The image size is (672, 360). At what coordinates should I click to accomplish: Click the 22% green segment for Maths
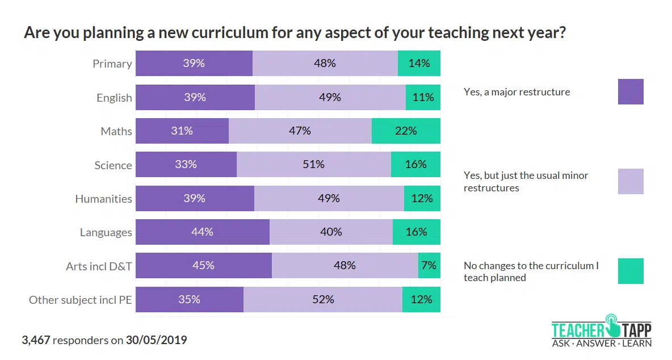click(406, 131)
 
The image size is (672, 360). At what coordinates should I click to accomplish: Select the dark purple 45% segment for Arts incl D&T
click(203, 265)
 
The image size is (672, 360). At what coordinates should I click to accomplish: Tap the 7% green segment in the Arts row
click(429, 265)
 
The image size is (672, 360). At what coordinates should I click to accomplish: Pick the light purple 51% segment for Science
click(313, 165)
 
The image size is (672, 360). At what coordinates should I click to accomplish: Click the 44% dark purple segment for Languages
click(202, 232)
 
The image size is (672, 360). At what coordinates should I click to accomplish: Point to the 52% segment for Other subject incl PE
click(322, 299)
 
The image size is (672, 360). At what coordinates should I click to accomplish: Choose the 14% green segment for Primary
click(419, 63)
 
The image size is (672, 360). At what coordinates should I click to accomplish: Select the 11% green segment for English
click(423, 97)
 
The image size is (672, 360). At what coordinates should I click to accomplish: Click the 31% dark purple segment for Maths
click(182, 131)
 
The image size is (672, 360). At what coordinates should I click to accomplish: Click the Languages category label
click(106, 232)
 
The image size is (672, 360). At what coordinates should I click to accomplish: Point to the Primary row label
click(112, 64)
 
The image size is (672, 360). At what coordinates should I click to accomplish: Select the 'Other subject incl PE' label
click(81, 300)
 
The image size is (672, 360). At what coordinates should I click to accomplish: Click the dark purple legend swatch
click(631, 91)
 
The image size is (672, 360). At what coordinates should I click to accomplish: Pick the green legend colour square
click(631, 271)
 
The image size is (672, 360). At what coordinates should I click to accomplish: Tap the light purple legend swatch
click(631, 181)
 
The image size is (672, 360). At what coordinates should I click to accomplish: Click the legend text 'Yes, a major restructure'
click(516, 92)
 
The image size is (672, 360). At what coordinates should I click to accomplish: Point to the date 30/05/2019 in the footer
click(156, 341)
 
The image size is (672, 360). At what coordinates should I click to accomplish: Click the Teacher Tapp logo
click(602, 330)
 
